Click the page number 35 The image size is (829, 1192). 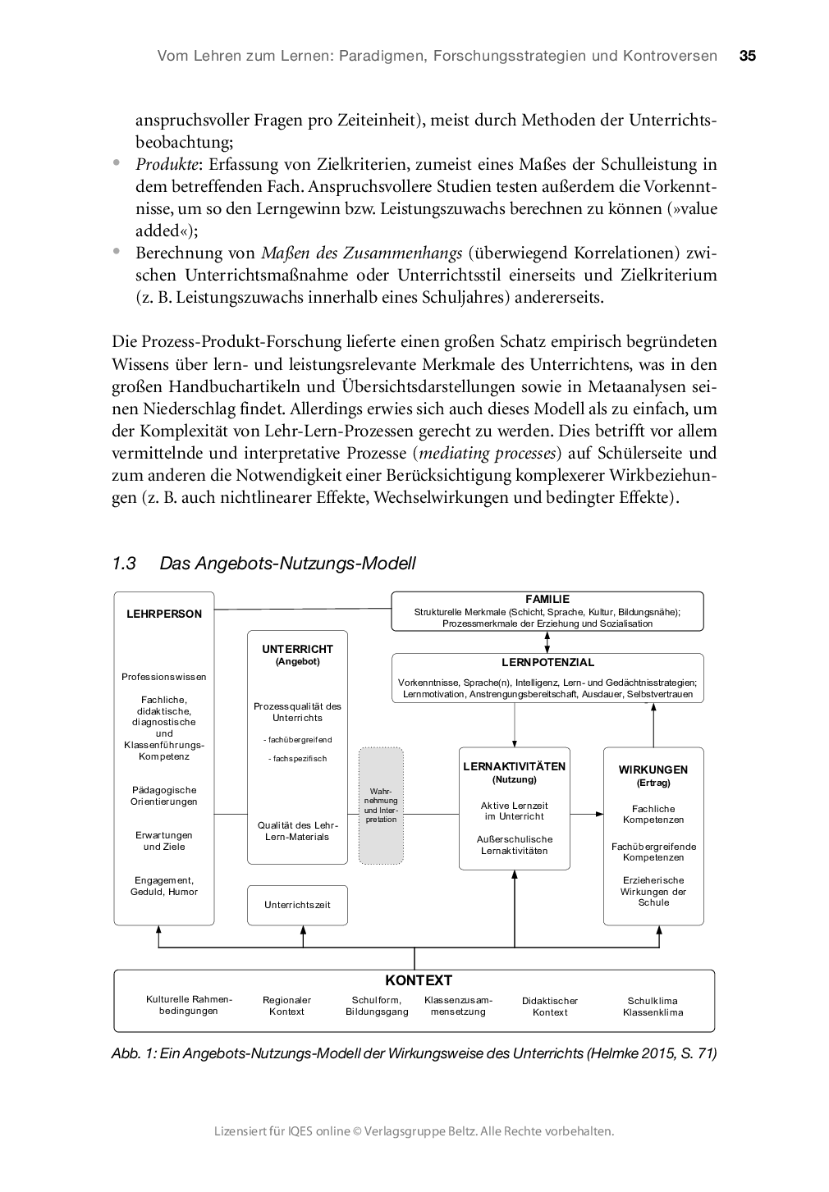(x=747, y=57)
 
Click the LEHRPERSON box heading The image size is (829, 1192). (x=164, y=614)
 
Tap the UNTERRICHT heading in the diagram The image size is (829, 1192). (x=297, y=649)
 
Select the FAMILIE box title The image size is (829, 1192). (x=547, y=600)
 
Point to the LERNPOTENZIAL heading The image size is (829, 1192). (x=547, y=662)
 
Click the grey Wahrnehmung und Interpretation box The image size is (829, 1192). (x=381, y=806)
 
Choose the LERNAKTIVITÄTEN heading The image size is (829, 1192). (x=514, y=766)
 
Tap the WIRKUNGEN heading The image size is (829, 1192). (x=653, y=770)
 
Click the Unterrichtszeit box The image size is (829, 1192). (x=297, y=905)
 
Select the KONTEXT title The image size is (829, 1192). (x=419, y=980)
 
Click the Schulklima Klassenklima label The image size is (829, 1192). (x=653, y=1007)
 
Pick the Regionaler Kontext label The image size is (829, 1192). (x=286, y=1007)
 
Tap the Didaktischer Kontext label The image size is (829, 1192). (x=550, y=1007)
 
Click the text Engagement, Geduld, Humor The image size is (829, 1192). (x=164, y=886)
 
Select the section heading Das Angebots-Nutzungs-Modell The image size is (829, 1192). (x=287, y=564)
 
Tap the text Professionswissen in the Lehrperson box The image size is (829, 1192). (x=164, y=677)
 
